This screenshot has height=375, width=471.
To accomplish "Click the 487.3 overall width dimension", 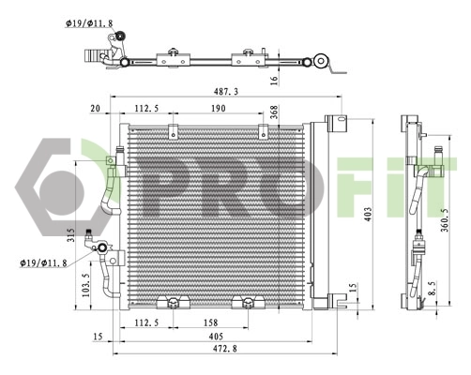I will pyautogui.click(x=225, y=91).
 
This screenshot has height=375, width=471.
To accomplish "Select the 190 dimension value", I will pyautogui.click(x=219, y=108).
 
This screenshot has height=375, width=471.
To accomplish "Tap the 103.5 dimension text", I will pyautogui.click(x=85, y=282).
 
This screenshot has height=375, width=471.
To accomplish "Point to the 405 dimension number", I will pyautogui.click(x=215, y=337).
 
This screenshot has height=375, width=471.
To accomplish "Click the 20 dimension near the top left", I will pyautogui.click(x=94, y=108).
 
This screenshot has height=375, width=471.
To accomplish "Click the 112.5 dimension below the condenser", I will pyautogui.click(x=144, y=323).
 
